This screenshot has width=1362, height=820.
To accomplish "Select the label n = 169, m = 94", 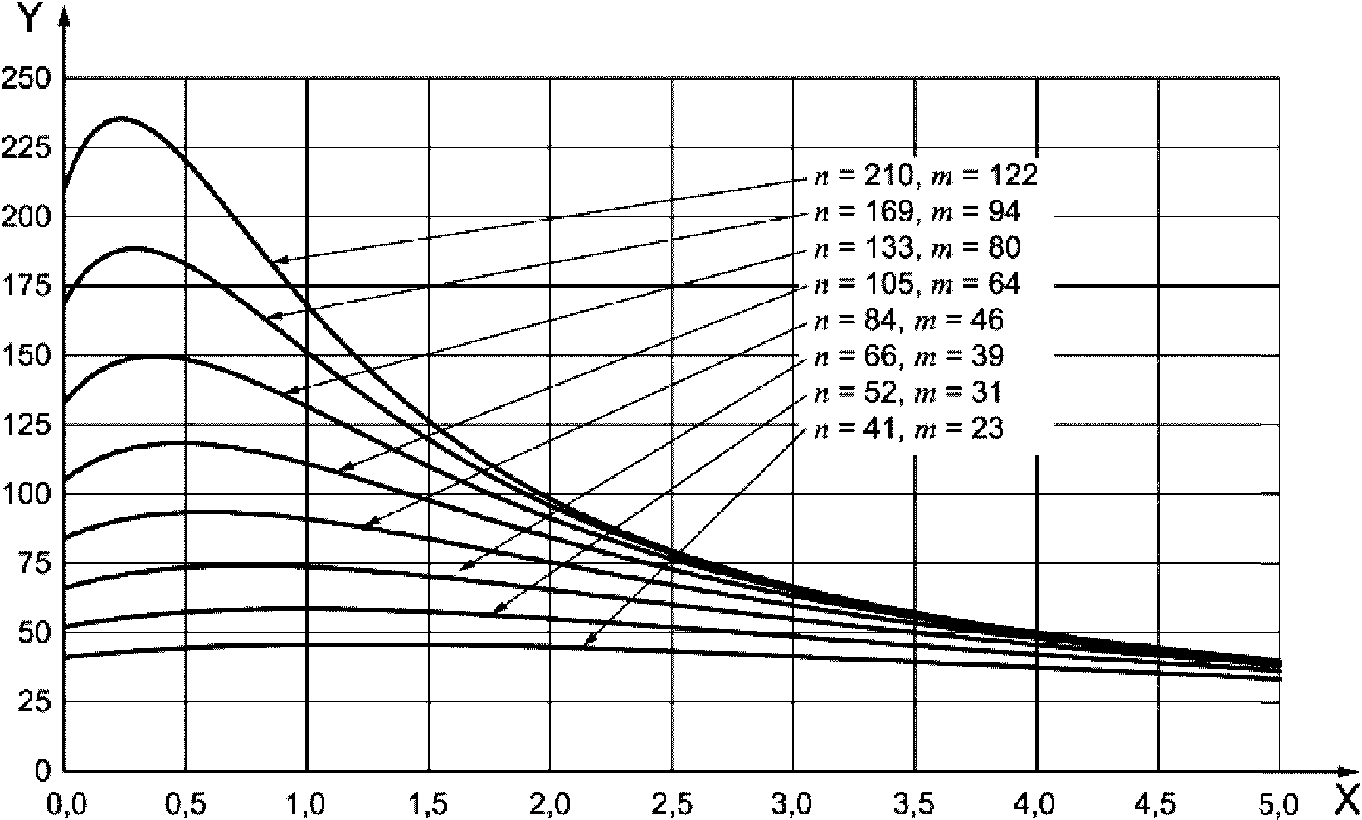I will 915,213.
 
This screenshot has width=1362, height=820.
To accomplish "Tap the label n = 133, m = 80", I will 915,249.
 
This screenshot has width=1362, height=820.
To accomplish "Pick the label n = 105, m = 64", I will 915,284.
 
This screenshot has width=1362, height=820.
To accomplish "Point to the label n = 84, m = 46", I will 907,320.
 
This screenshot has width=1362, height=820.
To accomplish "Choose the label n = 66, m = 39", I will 907,357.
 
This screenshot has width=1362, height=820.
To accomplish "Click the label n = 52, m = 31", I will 907,392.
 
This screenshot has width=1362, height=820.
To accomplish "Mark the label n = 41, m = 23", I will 907,429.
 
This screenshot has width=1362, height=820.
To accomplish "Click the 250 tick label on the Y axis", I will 27,79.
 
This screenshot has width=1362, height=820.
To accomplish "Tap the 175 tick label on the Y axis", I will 27,286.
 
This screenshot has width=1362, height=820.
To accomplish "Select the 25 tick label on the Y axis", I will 33,701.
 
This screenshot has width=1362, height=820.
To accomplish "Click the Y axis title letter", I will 27,18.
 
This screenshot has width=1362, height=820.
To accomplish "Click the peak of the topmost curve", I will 121,118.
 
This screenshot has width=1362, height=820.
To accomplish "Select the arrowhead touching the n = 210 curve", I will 279,261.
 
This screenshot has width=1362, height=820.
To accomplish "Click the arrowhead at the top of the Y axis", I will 65,17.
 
